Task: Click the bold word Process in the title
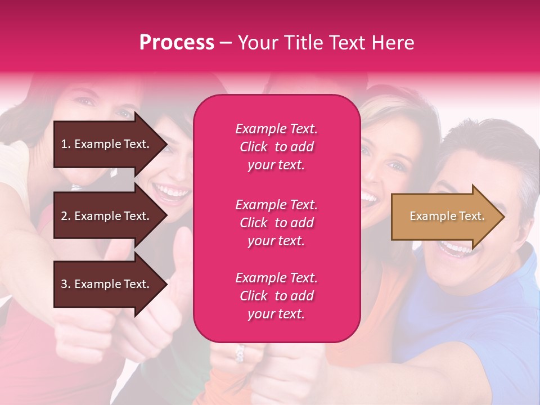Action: (x=177, y=43)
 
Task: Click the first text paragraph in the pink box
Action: (x=276, y=147)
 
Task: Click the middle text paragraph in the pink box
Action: (x=276, y=223)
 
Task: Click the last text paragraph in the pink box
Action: (x=276, y=296)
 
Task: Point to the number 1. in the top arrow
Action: (x=66, y=144)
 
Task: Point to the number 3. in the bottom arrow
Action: (x=66, y=284)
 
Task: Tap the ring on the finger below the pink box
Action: (x=240, y=353)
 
